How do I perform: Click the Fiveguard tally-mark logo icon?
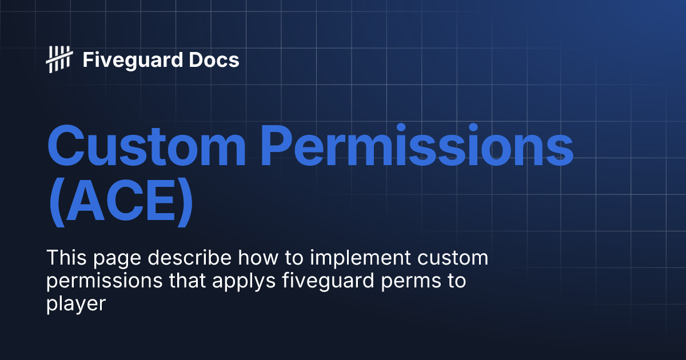59,59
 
